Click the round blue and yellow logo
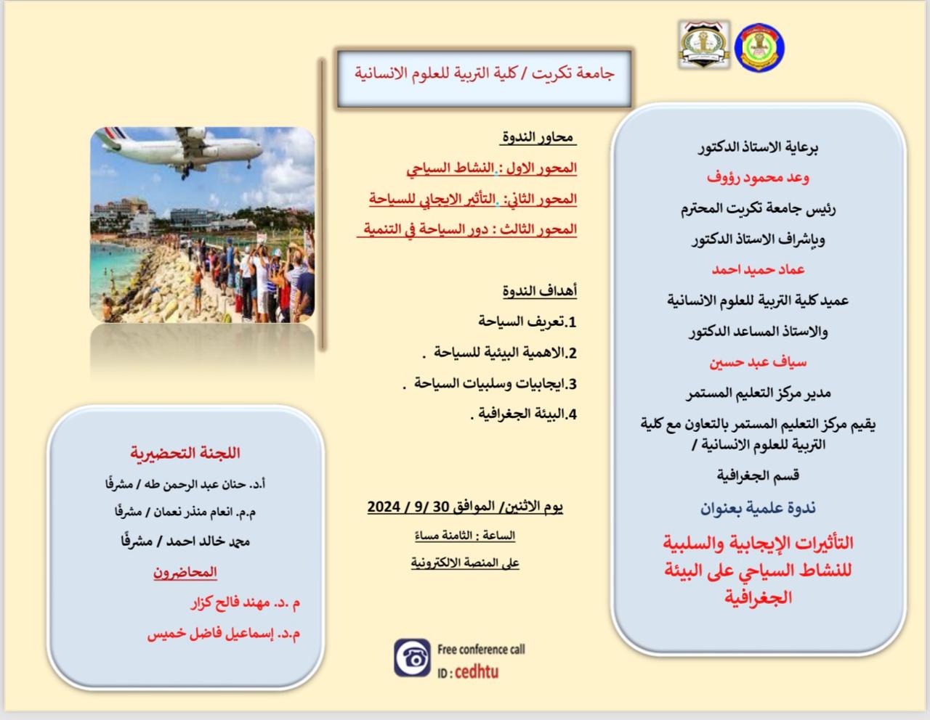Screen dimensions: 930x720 click(759, 48)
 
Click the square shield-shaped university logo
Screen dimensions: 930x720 click(704, 44)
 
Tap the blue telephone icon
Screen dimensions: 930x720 click(412, 658)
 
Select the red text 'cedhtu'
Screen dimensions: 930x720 click(477, 671)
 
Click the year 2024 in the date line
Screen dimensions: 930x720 click(384, 507)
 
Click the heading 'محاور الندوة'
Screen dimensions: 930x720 click(538, 137)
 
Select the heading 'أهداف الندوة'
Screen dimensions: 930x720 click(539, 291)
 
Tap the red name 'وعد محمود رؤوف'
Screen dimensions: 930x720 click(758, 177)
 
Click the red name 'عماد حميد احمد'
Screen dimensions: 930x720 click(758, 269)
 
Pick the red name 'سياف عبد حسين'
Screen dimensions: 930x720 click(758, 363)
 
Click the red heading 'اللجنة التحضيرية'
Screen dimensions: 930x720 click(185, 453)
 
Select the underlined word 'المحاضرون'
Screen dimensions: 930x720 click(185, 572)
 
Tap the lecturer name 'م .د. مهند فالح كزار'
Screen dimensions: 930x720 click(246, 603)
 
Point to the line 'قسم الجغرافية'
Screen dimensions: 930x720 click(758, 475)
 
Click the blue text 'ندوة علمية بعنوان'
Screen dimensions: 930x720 click(758, 508)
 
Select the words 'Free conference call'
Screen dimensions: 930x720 click(481, 650)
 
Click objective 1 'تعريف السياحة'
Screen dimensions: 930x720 click(527, 322)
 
